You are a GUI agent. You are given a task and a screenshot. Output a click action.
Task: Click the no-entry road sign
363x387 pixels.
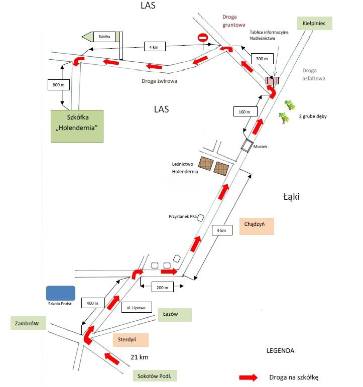pyautogui.click(x=203, y=38)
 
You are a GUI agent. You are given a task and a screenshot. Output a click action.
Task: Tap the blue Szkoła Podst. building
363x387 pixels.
pyautogui.click(x=61, y=293)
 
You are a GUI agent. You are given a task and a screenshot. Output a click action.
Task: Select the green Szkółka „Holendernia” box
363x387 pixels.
pyautogui.click(x=77, y=126)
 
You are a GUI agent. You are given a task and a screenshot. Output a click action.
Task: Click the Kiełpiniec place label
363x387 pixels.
pyautogui.click(x=315, y=23)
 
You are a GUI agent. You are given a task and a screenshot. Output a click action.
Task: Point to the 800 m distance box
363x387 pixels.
pyautogui.click(x=59, y=85)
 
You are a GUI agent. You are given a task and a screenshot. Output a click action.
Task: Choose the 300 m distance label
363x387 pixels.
pyautogui.click(x=262, y=59)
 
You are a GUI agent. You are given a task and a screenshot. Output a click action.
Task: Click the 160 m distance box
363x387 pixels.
pyautogui.click(x=245, y=112)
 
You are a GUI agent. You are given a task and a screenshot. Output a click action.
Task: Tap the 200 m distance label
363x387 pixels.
pyautogui.click(x=162, y=288)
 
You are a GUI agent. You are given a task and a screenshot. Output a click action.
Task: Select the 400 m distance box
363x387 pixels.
pyautogui.click(x=93, y=303)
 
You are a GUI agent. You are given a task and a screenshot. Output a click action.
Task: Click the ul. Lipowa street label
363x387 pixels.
pyautogui.click(x=137, y=308)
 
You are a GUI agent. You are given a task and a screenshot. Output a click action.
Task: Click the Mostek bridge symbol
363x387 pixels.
pyautogui.click(x=247, y=146)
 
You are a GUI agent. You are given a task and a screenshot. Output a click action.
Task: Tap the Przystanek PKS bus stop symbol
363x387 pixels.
pyautogui.click(x=200, y=218)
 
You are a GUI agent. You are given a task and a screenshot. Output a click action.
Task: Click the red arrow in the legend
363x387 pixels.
pyautogui.click(x=248, y=377)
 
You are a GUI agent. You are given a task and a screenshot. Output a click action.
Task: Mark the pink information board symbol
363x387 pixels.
pyautogui.click(x=272, y=80)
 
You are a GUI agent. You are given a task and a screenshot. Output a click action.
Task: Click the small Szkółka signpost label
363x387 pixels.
pyautogui.click(x=104, y=37)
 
